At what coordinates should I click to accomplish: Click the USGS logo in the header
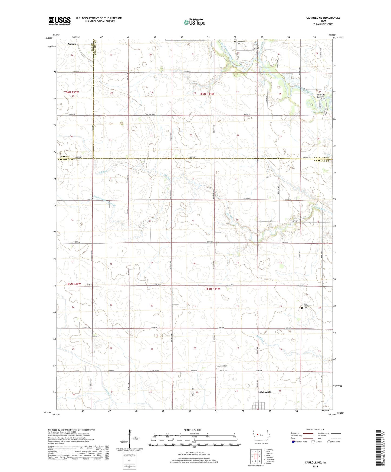click(59, 21)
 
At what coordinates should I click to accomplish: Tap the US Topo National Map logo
click(194, 22)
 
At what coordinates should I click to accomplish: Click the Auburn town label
click(72, 44)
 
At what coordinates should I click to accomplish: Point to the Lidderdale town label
click(265, 392)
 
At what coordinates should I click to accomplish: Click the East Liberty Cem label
click(306, 306)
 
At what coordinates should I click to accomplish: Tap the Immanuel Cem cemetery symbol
click(217, 368)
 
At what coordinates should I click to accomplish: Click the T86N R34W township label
click(206, 94)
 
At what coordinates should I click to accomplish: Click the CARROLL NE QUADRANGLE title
click(323, 18)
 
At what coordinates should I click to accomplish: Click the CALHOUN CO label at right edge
click(322, 158)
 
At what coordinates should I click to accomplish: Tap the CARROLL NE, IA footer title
click(315, 462)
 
